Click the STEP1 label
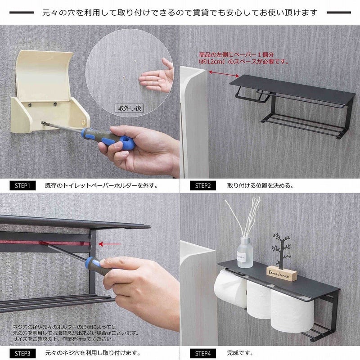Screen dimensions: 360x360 click(x=22, y=184)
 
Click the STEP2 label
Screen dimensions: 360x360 click(x=203, y=184)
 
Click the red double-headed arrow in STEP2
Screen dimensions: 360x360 click(x=224, y=73)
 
